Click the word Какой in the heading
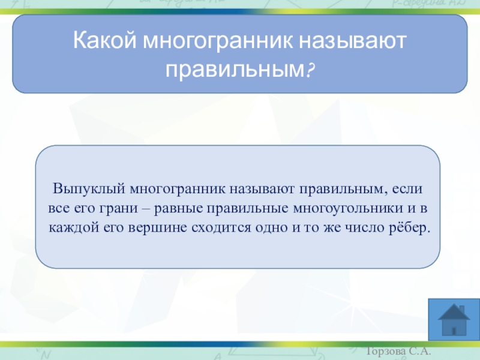click(104, 40)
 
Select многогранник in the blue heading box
click(218, 41)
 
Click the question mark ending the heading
click(310, 69)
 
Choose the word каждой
click(74, 228)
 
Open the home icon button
click(454, 319)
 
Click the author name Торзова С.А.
click(398, 351)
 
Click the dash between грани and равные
click(146, 209)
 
